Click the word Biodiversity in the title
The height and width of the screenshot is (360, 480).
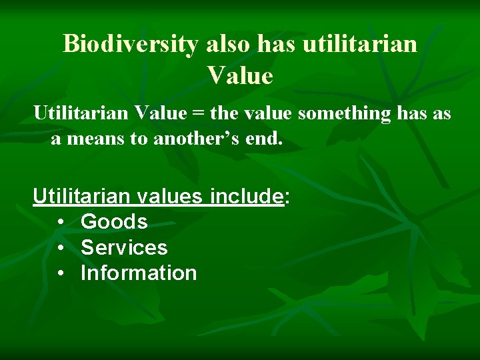click(x=131, y=44)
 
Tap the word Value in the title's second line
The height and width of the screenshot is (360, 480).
click(x=240, y=75)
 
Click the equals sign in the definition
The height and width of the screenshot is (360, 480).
click(x=197, y=114)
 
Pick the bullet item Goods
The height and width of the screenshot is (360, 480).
click(x=114, y=221)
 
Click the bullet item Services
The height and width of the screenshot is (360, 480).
click(x=124, y=247)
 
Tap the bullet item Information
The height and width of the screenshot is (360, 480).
click(x=139, y=273)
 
